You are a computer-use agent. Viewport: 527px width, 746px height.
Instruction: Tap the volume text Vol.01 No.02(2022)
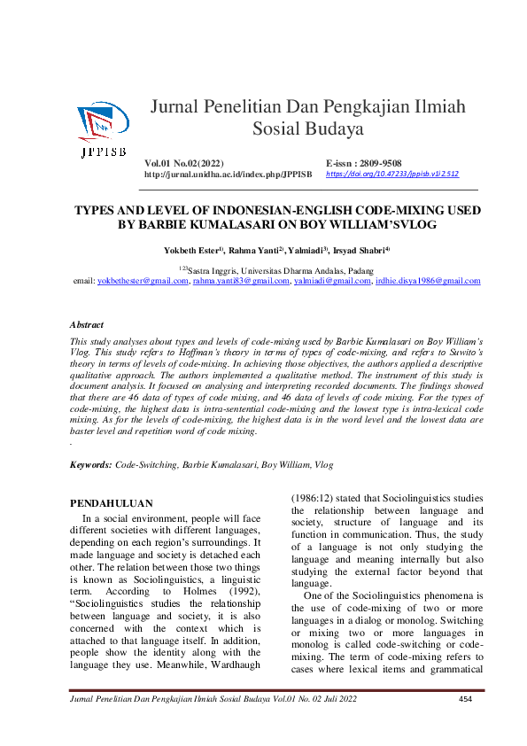tap(184, 164)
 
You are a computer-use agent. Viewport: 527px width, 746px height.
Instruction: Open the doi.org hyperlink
tap(392, 175)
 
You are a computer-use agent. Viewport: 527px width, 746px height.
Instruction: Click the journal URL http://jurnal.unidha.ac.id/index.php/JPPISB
tap(227, 175)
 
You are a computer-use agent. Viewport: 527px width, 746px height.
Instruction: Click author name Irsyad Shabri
tap(360, 252)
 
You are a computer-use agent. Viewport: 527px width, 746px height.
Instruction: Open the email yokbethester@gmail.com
tap(143, 281)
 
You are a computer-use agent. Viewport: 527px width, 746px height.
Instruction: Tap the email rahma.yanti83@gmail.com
tap(241, 281)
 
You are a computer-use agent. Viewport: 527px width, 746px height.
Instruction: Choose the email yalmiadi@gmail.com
tap(332, 281)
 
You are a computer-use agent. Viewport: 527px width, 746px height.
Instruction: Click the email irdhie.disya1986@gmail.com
tap(428, 281)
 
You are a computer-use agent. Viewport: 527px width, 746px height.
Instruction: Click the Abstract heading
tap(87, 325)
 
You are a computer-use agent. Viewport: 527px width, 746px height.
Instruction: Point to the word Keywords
tap(90, 464)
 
